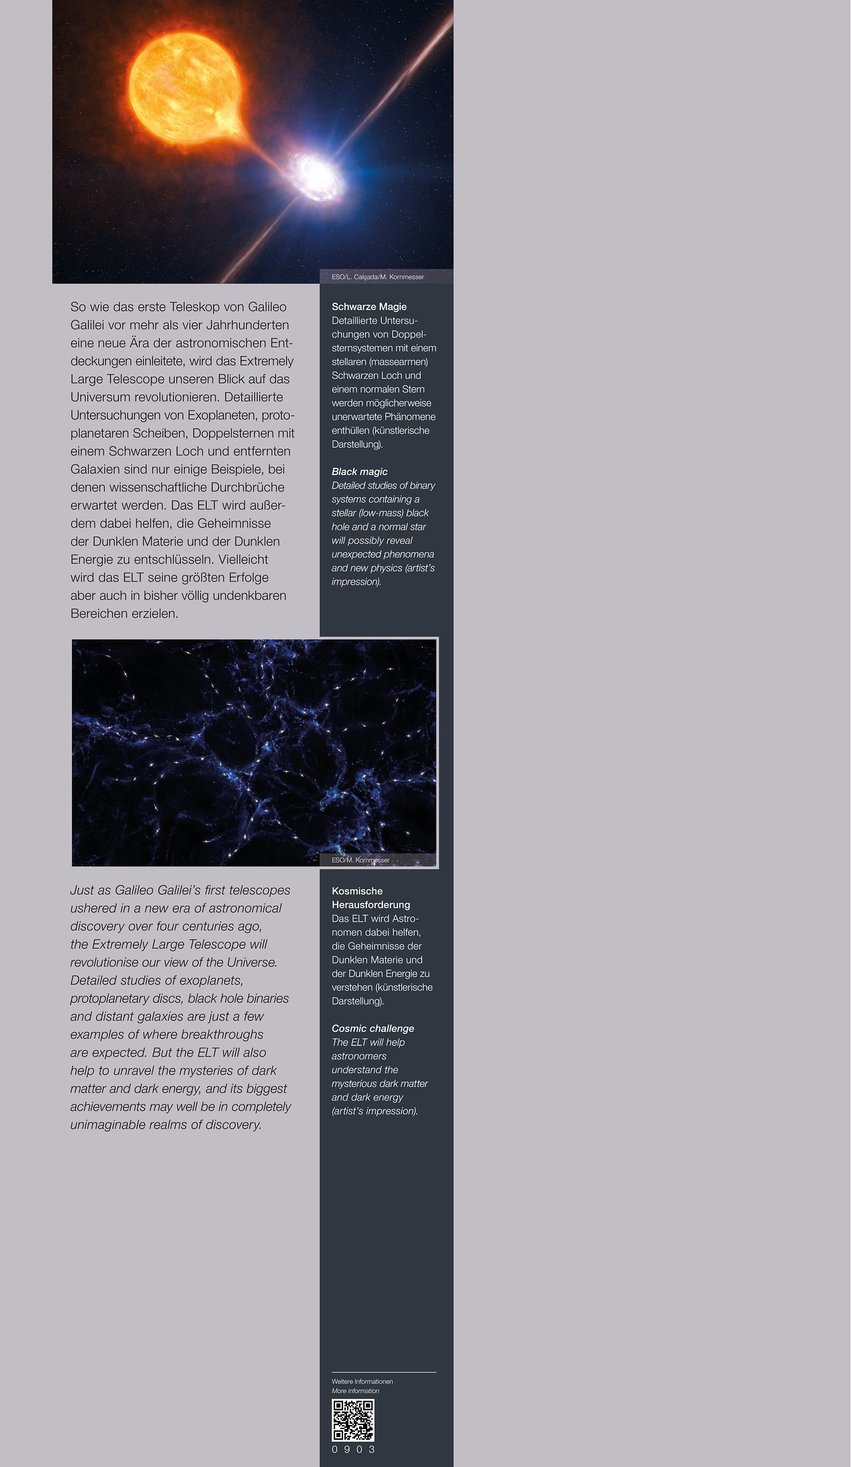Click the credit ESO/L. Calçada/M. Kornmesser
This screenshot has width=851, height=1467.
(x=378, y=277)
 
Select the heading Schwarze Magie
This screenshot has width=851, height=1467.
(x=369, y=307)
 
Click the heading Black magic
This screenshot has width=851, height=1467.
(x=359, y=472)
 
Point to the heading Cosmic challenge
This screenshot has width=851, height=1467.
(x=372, y=1029)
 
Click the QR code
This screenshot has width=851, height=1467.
(x=353, y=1420)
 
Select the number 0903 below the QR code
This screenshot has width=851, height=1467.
(x=353, y=1450)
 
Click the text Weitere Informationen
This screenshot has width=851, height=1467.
(x=362, y=1381)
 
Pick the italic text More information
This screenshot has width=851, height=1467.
(x=355, y=1390)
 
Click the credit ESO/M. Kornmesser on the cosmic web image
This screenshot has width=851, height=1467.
(x=360, y=860)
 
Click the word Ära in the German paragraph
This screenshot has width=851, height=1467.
(x=144, y=343)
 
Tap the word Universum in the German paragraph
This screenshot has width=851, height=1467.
(x=100, y=397)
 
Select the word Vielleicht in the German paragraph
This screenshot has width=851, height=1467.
(x=243, y=560)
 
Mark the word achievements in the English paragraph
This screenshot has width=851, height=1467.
(x=110, y=1106)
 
